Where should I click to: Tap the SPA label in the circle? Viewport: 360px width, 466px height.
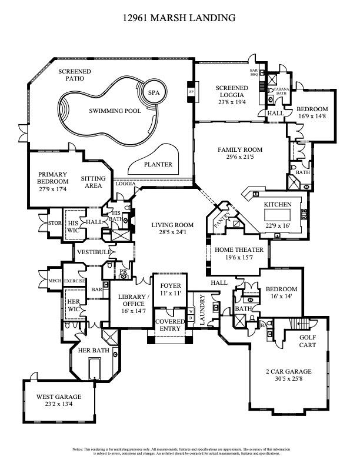click(x=154, y=93)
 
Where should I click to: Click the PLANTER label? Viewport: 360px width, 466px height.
click(x=159, y=165)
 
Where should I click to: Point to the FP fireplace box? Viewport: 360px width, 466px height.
click(x=191, y=92)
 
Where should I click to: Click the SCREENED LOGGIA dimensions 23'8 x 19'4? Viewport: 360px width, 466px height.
click(x=231, y=101)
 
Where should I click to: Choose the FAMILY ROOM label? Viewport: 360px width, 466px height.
click(x=240, y=150)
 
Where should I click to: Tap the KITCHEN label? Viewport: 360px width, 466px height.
click(x=277, y=204)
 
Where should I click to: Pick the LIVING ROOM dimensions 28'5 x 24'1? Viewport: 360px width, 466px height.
click(x=172, y=233)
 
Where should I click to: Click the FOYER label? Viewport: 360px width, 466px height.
click(x=171, y=285)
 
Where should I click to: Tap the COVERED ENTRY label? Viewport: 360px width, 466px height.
click(x=171, y=325)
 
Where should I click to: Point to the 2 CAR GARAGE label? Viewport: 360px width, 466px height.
click(x=288, y=372)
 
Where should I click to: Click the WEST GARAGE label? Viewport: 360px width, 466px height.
click(x=59, y=397)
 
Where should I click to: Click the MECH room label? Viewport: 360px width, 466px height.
click(x=55, y=281)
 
